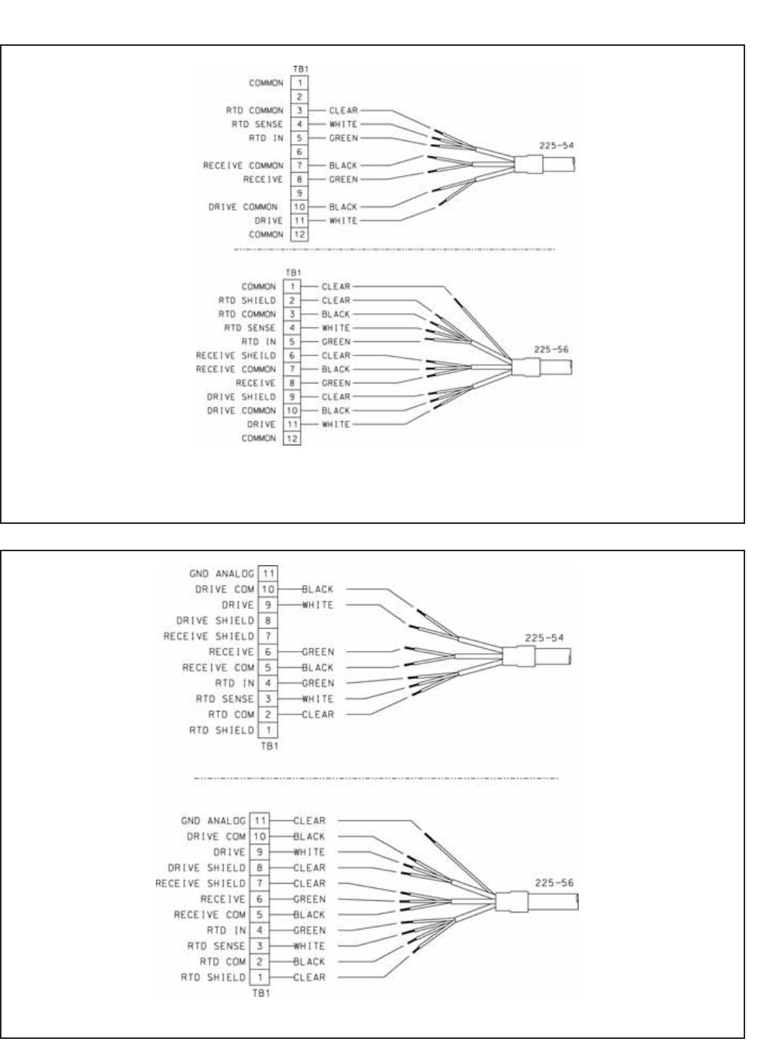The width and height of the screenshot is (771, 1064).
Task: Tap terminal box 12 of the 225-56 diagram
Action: (291, 438)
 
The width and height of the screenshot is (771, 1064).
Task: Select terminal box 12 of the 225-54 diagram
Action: (299, 234)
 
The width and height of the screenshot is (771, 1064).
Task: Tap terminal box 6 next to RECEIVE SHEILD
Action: (291, 355)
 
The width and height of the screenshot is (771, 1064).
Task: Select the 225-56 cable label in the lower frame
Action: (554, 883)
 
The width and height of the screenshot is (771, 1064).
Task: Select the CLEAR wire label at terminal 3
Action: (343, 110)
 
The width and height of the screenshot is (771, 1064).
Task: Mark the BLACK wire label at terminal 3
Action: (336, 314)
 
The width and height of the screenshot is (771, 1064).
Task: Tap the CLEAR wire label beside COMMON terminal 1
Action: (336, 287)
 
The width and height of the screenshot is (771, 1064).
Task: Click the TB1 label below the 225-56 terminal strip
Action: (261, 993)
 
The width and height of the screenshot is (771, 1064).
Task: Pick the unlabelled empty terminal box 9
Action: (299, 193)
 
